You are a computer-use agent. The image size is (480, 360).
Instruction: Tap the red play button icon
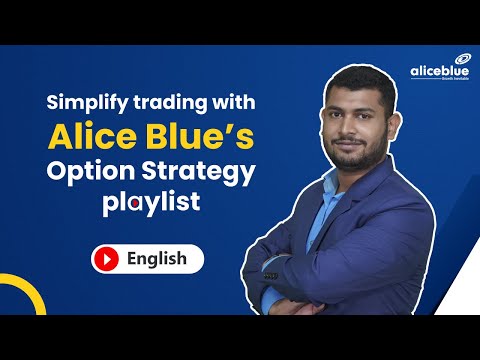pos(105,259)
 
